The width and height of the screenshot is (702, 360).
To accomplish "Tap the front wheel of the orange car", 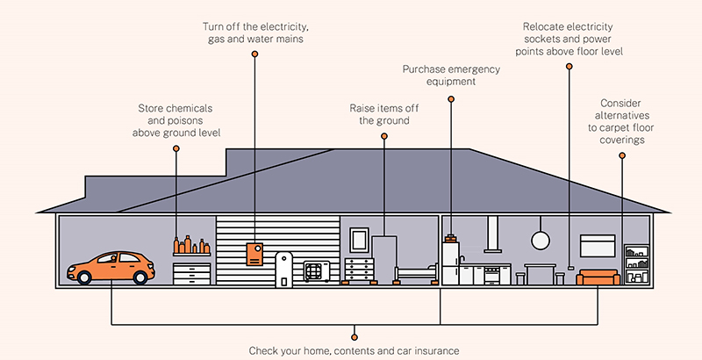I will (85, 277).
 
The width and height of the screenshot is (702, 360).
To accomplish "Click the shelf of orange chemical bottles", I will (190, 247).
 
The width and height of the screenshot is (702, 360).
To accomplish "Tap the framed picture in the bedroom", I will (359, 239).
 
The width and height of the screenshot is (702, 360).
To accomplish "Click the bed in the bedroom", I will (416, 275).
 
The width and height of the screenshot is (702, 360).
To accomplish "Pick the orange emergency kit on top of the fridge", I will (451, 237).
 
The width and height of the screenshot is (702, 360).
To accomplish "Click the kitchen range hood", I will (495, 233).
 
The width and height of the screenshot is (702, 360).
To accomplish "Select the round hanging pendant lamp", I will (539, 239).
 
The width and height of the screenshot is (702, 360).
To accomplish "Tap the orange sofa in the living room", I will (598, 278).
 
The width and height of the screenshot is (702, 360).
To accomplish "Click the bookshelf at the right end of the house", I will (636, 264).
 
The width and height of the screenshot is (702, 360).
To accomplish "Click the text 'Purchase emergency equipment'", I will (451, 76).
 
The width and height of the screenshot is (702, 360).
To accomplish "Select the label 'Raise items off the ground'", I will (383, 114).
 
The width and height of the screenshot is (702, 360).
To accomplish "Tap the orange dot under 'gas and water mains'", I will (254, 54).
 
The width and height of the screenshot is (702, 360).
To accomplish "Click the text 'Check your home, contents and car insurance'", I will (354, 350).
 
